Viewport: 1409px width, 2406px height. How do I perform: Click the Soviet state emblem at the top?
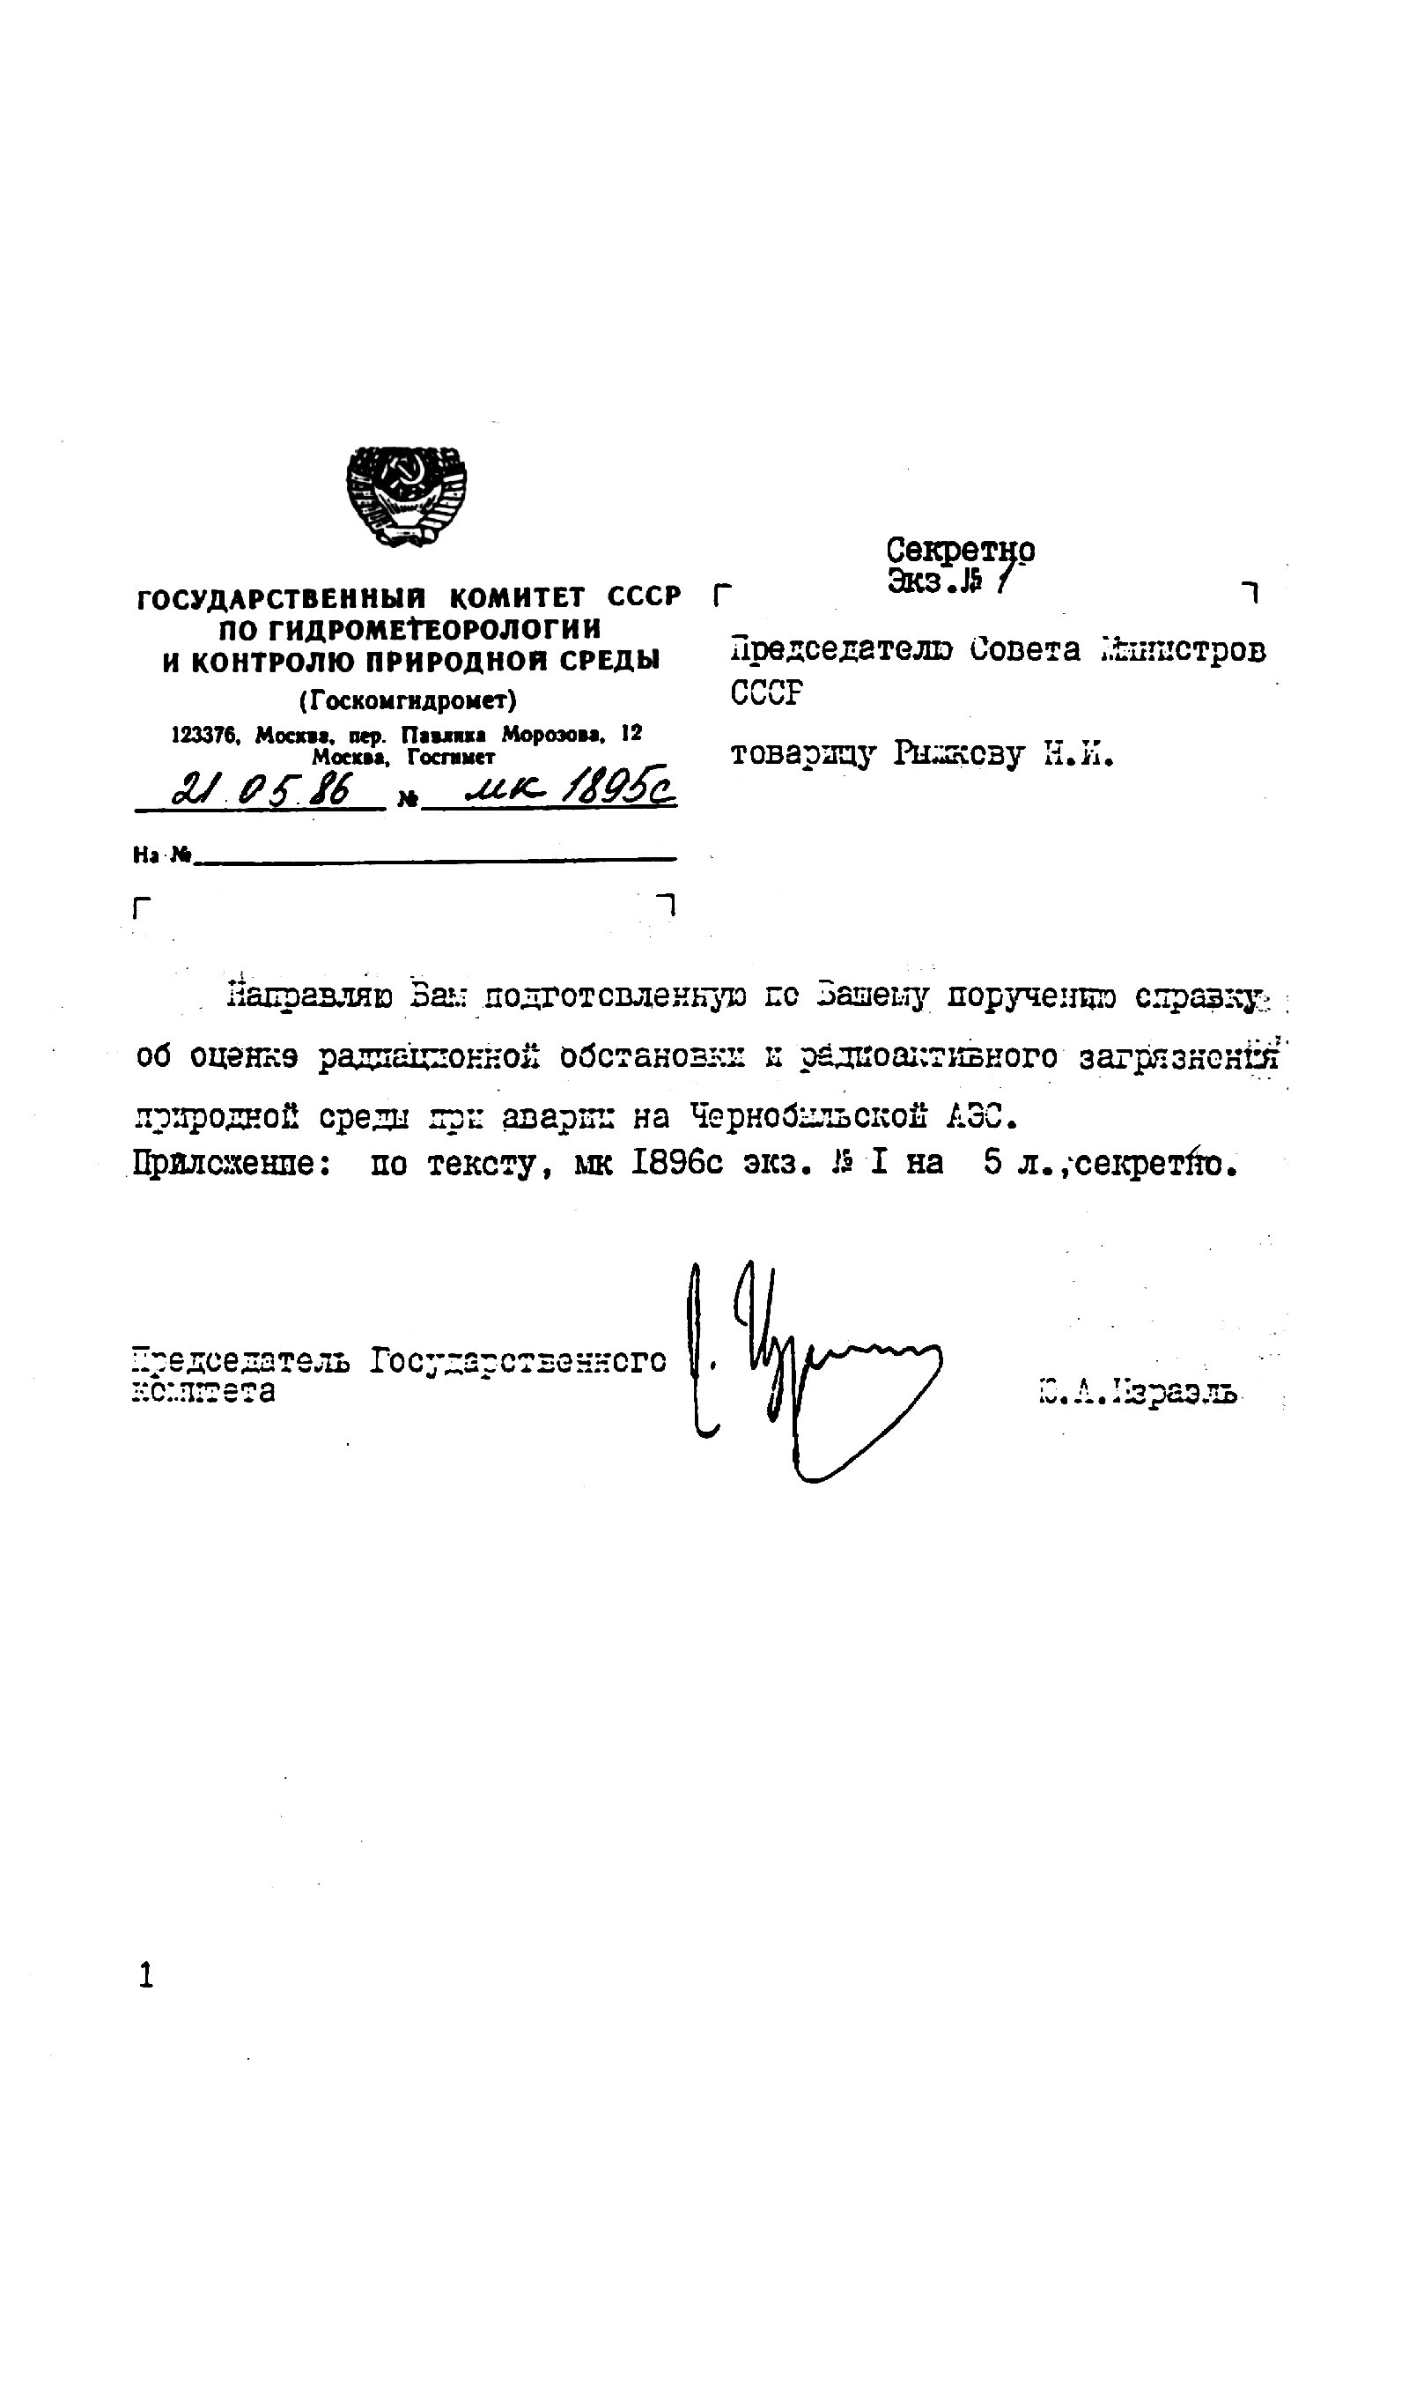click(x=407, y=497)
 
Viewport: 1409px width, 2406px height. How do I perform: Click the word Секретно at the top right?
click(x=959, y=551)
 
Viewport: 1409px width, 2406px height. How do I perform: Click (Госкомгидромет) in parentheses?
click(x=408, y=700)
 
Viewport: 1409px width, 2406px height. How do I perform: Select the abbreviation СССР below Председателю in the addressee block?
click(x=766, y=693)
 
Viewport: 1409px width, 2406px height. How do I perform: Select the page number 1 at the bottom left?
click(x=146, y=1974)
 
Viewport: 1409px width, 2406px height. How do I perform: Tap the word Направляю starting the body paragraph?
click(x=310, y=996)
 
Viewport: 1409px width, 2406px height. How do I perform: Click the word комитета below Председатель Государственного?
click(x=203, y=1390)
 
